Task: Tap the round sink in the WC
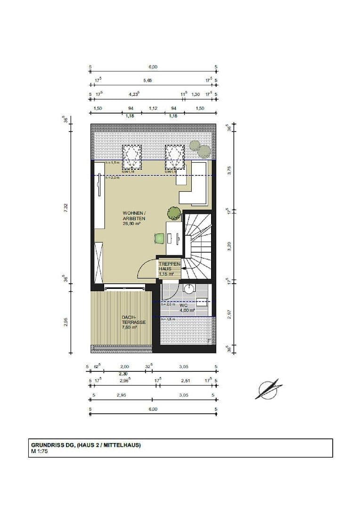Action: click(190, 288)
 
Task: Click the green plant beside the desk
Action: click(173, 214)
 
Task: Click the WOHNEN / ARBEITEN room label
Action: click(134, 216)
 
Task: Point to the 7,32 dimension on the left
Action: click(66, 208)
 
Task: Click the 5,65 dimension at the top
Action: click(147, 81)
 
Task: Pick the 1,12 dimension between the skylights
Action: click(153, 108)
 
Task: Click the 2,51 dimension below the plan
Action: click(185, 380)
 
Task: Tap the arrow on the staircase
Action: click(187, 268)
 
